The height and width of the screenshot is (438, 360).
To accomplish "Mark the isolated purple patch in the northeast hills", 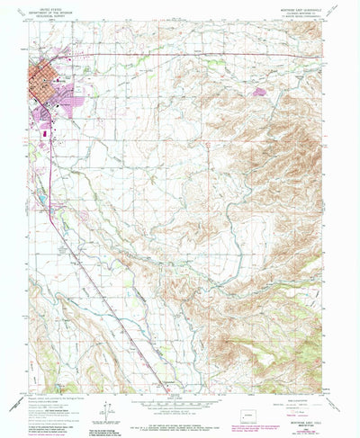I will click(x=261, y=91).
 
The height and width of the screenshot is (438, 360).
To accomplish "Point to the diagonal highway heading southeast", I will click(x=99, y=288).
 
